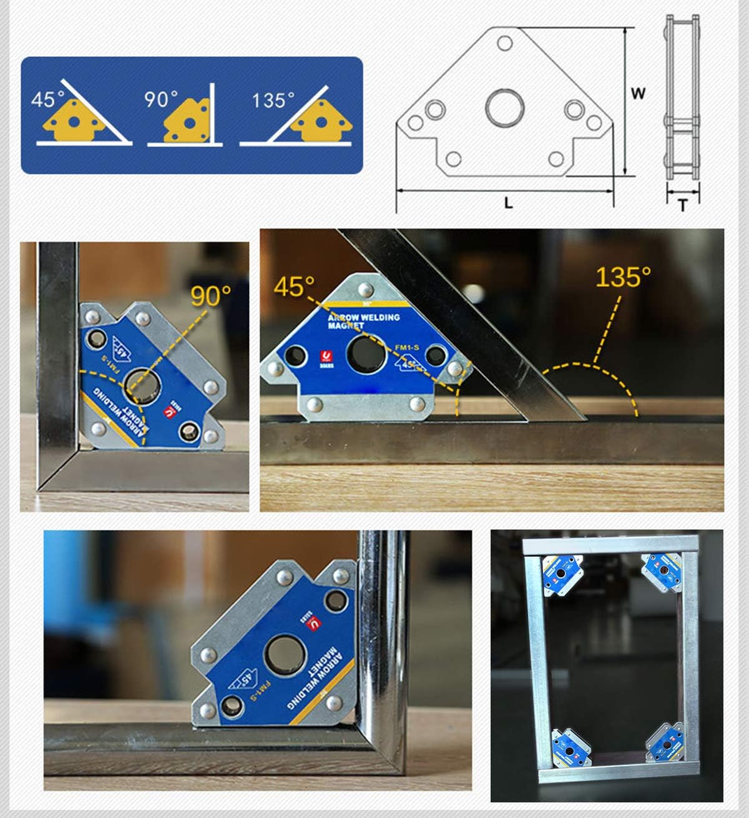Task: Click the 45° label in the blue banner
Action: pyautogui.click(x=47, y=99)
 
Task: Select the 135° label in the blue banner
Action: pyautogui.click(x=273, y=100)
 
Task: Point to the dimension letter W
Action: pyautogui.click(x=637, y=94)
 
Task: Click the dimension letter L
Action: pyautogui.click(x=508, y=203)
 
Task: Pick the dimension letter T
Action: pyautogui.click(x=682, y=204)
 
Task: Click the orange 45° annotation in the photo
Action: pyautogui.click(x=294, y=286)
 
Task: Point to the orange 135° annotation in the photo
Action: pyautogui.click(x=623, y=277)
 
